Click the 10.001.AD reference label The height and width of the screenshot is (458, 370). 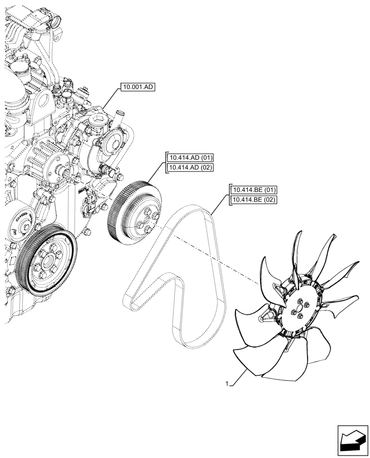pyautogui.click(x=138, y=87)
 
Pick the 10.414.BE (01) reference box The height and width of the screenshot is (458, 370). pyautogui.click(x=255, y=190)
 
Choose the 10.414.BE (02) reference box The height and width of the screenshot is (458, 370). pyautogui.click(x=255, y=199)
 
